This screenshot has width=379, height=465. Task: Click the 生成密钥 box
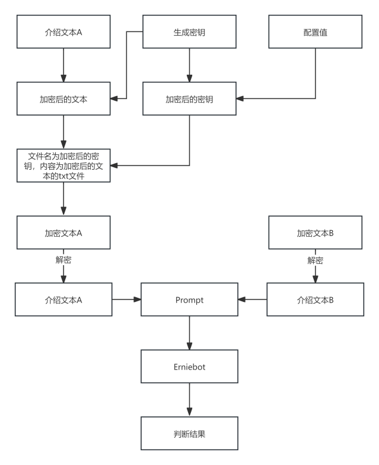click(189, 32)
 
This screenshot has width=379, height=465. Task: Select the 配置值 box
click(315, 32)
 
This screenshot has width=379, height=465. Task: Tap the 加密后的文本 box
click(63, 99)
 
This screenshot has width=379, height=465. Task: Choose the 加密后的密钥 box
click(189, 99)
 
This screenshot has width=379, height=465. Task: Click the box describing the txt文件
click(63, 165)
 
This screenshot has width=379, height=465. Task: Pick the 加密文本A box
click(63, 232)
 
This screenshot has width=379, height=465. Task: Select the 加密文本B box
click(315, 232)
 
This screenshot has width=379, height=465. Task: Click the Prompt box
click(189, 300)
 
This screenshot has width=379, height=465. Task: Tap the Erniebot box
click(189, 367)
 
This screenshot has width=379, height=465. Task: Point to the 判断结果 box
click(189, 434)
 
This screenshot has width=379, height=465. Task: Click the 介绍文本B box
click(315, 300)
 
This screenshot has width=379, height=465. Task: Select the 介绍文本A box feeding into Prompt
click(63, 300)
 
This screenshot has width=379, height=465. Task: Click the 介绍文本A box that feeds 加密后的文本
click(63, 32)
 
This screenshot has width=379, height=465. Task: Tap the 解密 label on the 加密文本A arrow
click(63, 260)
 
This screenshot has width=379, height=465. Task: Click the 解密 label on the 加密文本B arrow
click(315, 260)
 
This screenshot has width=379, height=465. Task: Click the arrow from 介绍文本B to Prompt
click(252, 300)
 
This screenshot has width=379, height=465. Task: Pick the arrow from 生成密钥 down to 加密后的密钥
click(189, 65)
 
